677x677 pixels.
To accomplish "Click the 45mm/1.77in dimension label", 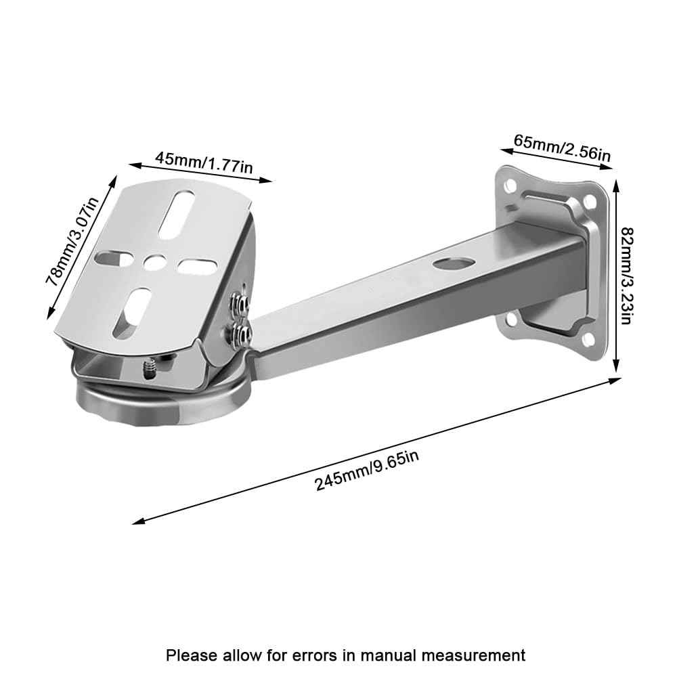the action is [204, 162].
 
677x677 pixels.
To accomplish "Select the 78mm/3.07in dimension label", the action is [72, 242].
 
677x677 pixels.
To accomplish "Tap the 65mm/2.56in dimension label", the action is [562, 148].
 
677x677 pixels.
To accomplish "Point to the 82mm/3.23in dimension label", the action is [626, 276].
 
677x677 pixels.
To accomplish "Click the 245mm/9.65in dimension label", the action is [367, 471].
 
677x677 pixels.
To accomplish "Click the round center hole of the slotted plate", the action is [154, 262].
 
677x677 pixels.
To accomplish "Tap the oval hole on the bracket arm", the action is [454, 263].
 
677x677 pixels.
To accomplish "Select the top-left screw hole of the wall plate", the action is [511, 186].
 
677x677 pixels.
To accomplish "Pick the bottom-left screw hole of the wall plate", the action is [511, 320].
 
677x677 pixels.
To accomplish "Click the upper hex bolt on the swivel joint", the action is [240, 303].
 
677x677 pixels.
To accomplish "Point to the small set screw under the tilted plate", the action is [148, 370].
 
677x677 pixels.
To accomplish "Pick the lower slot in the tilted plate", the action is [131, 313].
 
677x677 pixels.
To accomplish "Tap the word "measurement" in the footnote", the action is [474, 655].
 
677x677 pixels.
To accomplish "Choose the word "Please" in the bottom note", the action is [192, 655].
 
